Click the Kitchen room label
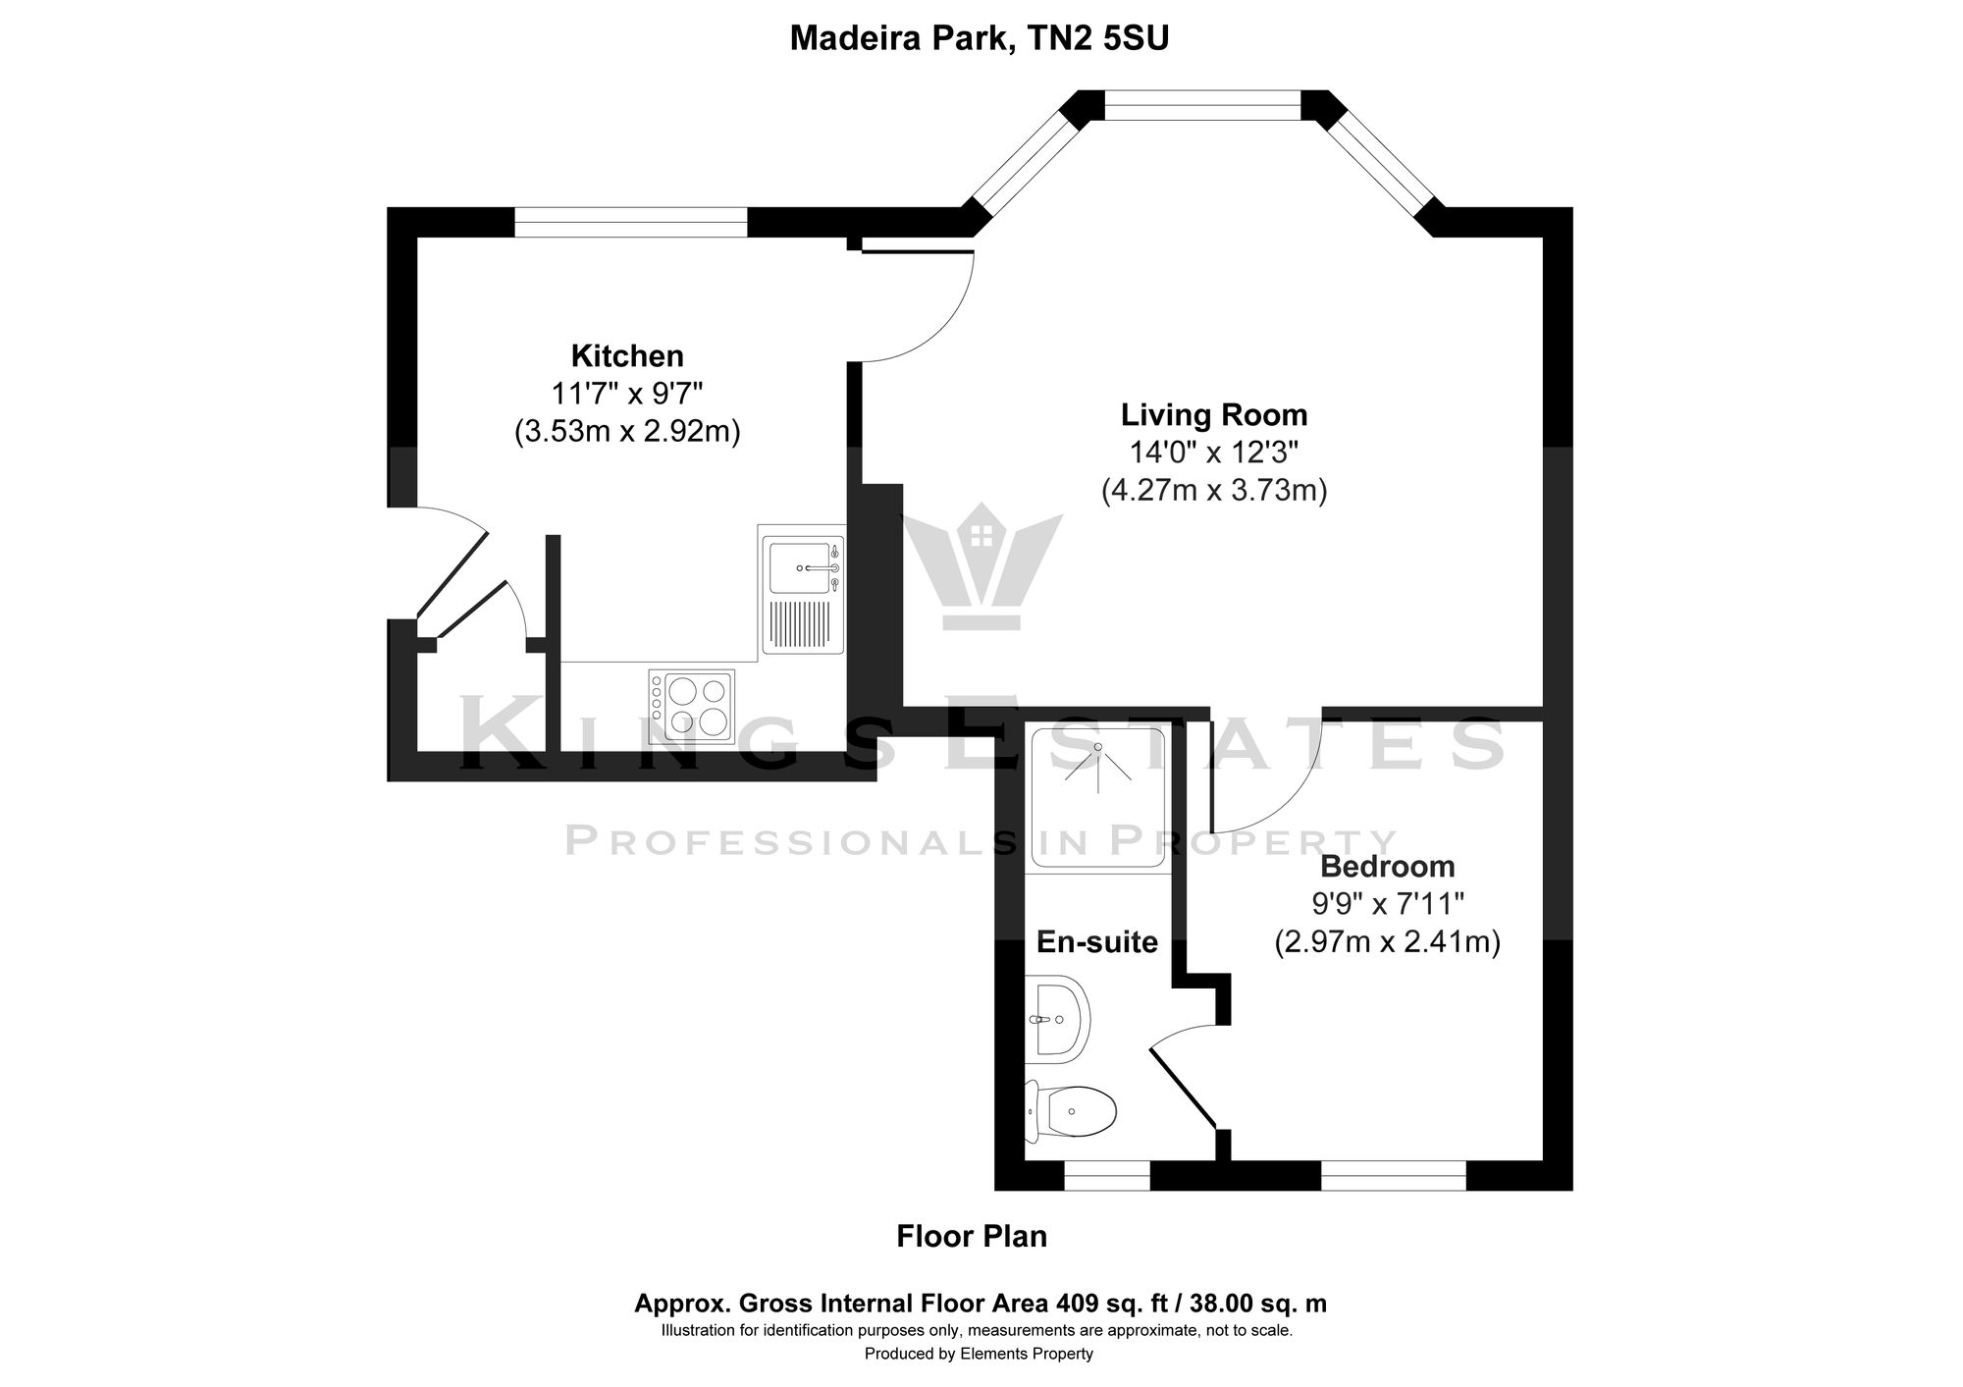627,355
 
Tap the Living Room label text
1214,415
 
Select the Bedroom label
1387,867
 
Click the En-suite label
1097,943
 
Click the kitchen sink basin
799,566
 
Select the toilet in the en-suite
1075,1112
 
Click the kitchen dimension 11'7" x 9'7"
627,394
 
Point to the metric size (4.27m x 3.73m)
1214,490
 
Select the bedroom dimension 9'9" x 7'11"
1387,904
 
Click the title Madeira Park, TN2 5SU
980,38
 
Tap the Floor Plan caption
972,1237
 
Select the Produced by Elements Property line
979,1355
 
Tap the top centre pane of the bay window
1202,105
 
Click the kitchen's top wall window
631,222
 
